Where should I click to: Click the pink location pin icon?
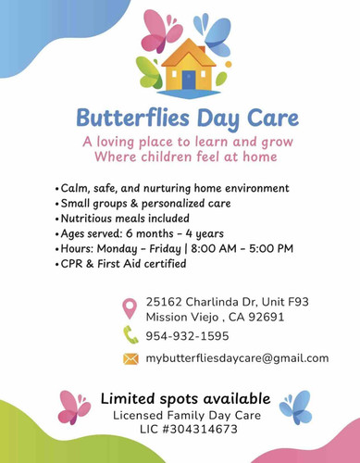tap(130, 309)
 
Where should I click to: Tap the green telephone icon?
tap(130, 335)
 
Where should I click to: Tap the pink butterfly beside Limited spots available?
tap(74, 407)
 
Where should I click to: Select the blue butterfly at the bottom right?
tap(295, 406)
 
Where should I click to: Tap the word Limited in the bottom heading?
tap(128, 397)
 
